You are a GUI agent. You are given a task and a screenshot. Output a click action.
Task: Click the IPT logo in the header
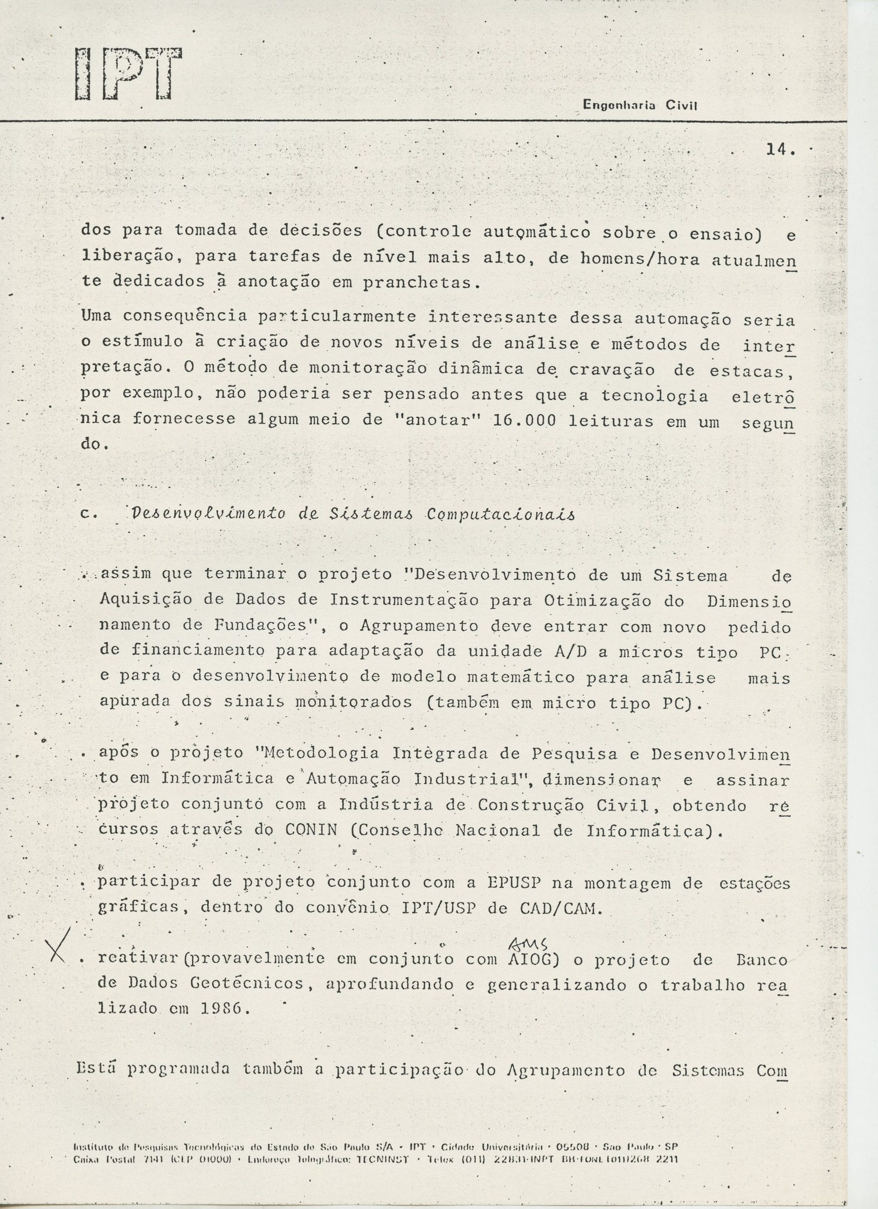pyautogui.click(x=128, y=74)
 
